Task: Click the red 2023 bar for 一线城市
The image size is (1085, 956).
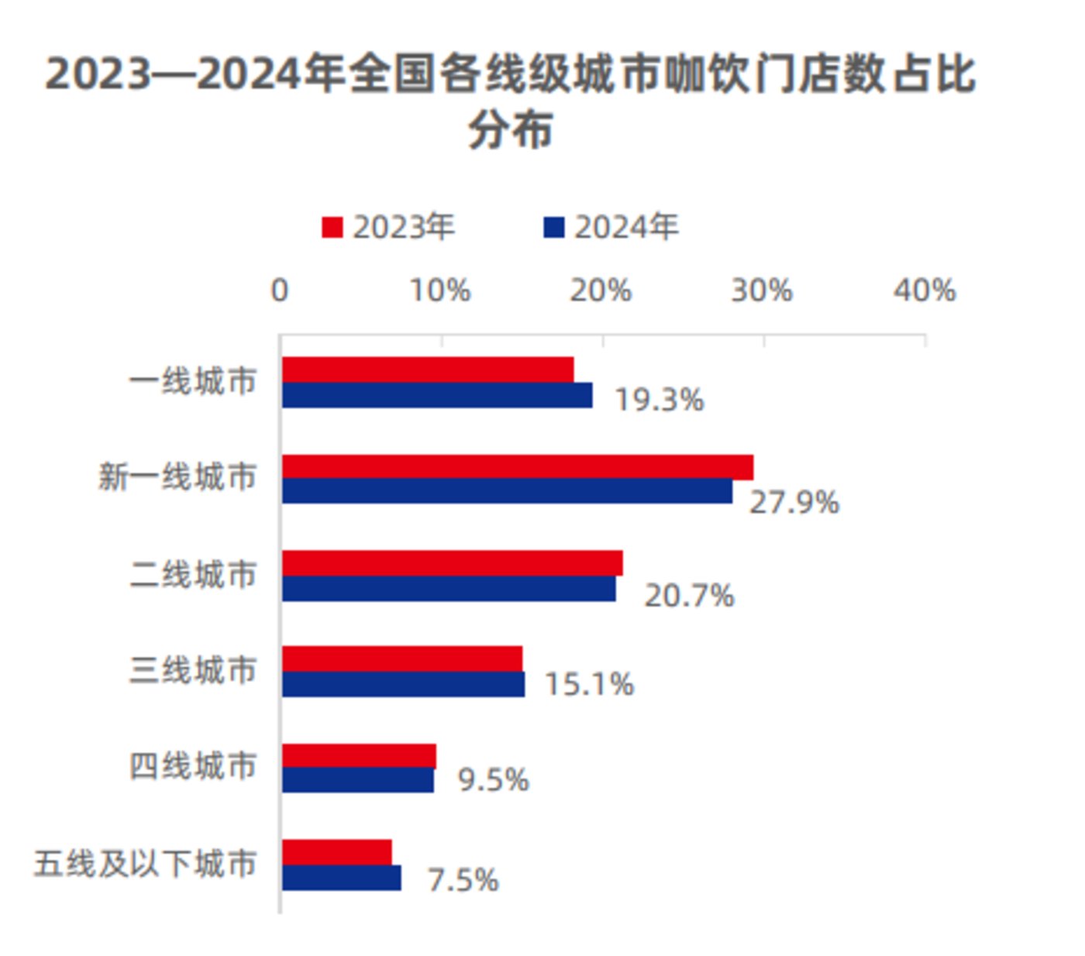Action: (x=428, y=370)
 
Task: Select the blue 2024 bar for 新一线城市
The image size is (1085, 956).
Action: (x=507, y=491)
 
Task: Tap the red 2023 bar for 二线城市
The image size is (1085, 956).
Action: (x=452, y=563)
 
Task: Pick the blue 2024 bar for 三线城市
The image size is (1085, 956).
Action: (x=403, y=684)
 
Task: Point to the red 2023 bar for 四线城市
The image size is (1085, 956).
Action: (x=359, y=756)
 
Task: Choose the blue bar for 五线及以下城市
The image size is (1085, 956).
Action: (x=342, y=878)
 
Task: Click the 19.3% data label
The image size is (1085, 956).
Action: (x=659, y=400)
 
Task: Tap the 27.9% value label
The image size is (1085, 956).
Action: (x=794, y=502)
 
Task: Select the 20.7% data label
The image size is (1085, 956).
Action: (x=689, y=596)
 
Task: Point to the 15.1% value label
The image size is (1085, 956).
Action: (x=589, y=684)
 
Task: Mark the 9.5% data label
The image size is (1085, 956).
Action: (x=493, y=779)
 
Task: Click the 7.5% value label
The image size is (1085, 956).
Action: (x=463, y=880)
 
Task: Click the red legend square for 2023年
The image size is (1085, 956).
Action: (x=332, y=228)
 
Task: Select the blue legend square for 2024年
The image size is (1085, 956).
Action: (x=554, y=228)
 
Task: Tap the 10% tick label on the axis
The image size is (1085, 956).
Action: (x=440, y=291)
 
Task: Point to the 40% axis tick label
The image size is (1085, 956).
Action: (x=925, y=291)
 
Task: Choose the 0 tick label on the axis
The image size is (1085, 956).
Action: (x=280, y=291)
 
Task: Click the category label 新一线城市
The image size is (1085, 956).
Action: (x=177, y=476)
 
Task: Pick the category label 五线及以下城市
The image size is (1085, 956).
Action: (x=145, y=863)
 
